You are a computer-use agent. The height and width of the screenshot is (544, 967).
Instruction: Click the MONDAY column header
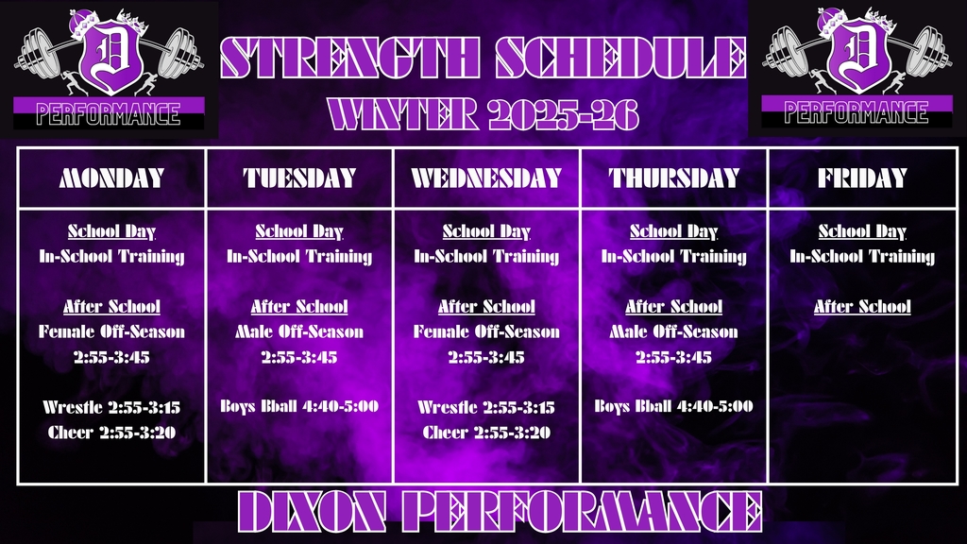[x=111, y=178]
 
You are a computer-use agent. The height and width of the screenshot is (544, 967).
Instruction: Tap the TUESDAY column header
[x=299, y=178]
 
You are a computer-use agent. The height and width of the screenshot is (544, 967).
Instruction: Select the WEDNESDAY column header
[x=486, y=178]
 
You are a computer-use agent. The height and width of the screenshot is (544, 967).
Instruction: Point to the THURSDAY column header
[x=674, y=178]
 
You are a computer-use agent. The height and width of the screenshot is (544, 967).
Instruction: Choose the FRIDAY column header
[x=862, y=178]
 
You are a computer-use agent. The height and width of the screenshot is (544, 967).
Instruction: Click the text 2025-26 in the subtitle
[x=564, y=114]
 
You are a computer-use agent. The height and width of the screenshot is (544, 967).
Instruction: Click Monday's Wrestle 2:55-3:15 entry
[x=111, y=407]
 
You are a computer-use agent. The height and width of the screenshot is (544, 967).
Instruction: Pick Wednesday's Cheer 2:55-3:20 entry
[x=486, y=433]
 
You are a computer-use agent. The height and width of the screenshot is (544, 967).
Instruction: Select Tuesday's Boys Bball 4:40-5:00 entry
[x=299, y=406]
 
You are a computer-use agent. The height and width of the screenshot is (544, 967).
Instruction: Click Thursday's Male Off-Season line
[x=674, y=331]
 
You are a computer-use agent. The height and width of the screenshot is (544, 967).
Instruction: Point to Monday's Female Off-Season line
[x=111, y=331]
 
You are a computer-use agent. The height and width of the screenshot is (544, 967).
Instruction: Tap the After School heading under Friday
[x=862, y=306]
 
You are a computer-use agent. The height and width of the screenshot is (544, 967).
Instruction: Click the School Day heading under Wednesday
[x=486, y=230]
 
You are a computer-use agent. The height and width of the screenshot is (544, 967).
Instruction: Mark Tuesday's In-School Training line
[x=299, y=256]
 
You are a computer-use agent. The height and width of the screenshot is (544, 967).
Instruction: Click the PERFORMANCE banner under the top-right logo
[x=857, y=113]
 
